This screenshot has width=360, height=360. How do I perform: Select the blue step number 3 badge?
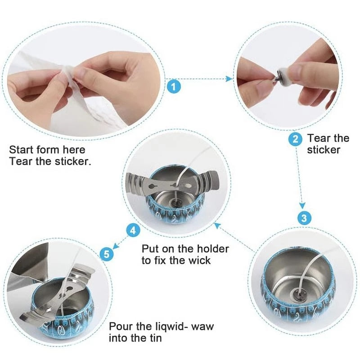click(305, 218)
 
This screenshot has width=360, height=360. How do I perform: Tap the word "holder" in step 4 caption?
click(212, 248)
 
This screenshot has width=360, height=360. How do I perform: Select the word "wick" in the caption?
click(199, 260)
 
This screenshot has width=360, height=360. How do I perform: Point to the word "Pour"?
click(121, 326)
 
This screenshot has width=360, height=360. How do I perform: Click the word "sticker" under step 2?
click(324, 150)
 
